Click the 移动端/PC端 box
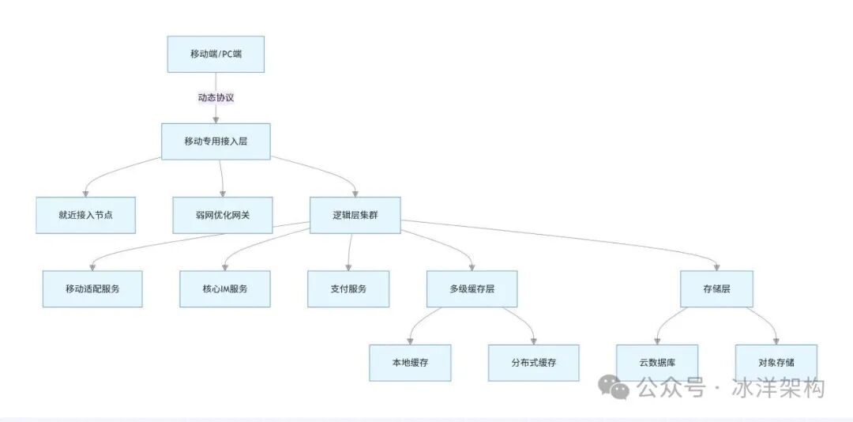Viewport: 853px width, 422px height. pos(216,54)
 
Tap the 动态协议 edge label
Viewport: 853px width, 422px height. pos(216,98)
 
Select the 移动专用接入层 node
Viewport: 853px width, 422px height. pos(216,141)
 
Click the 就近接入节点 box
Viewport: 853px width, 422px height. pos(85,215)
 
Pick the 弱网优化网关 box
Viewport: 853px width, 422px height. pos(223,215)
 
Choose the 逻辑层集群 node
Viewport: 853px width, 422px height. pos(355,215)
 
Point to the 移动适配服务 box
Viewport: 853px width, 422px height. pos(92,288)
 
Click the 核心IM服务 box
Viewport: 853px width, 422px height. pos(225,288)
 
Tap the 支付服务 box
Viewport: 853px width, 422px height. pos(348,288)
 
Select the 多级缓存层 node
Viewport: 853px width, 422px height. pos(472,288)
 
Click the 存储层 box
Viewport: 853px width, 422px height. pos(716,288)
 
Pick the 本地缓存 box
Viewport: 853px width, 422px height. pos(410,363)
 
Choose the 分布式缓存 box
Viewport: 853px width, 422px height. pos(533,363)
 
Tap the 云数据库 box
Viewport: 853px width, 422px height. pos(657,363)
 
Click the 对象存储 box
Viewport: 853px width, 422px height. pos(776,363)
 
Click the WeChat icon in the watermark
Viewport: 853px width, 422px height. pos(614,387)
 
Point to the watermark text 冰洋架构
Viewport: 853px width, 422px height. pos(779,388)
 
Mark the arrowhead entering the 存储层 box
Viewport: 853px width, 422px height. pos(716,267)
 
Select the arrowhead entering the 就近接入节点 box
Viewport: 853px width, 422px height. pos(85,193)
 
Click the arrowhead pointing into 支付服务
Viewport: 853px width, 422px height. pos(348,267)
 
